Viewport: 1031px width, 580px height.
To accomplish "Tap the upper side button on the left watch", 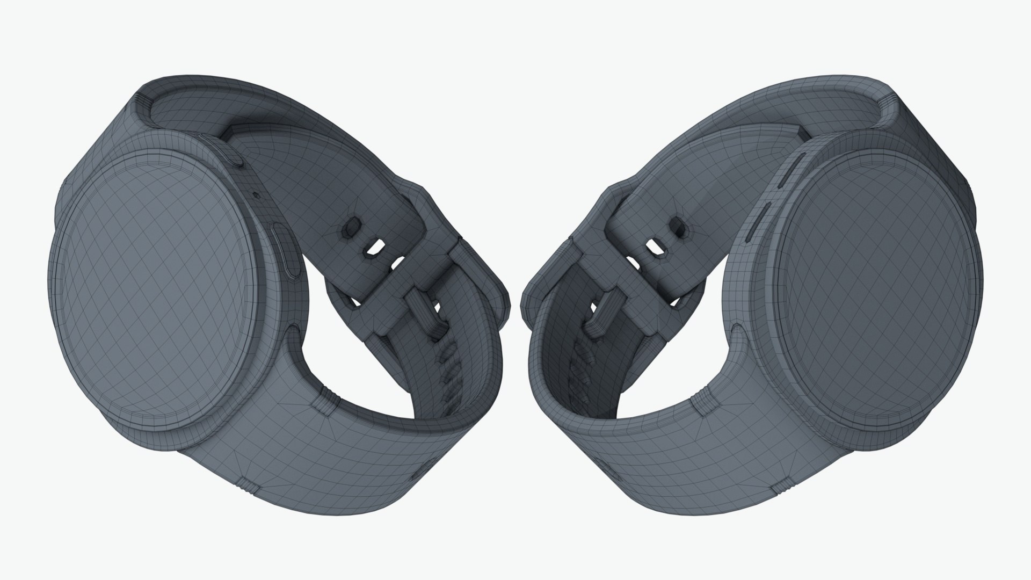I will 235,156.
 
